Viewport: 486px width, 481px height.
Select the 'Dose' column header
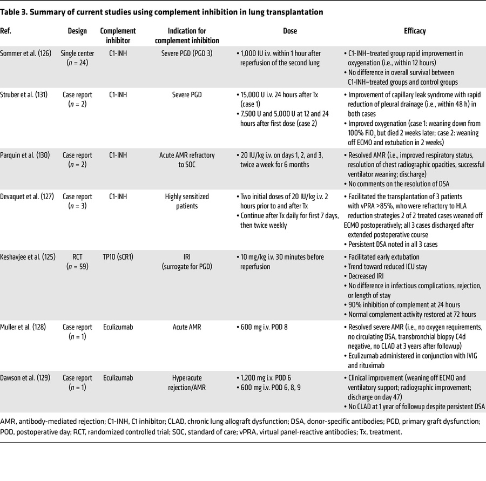(x=289, y=31)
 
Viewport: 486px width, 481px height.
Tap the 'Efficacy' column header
(x=414, y=31)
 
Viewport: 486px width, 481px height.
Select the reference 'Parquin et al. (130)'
(x=27, y=155)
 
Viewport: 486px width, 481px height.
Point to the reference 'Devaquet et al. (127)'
(x=29, y=197)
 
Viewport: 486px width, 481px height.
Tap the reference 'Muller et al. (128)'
(x=25, y=327)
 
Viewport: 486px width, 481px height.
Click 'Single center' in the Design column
(x=78, y=53)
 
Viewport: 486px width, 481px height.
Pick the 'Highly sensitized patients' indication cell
(x=187, y=202)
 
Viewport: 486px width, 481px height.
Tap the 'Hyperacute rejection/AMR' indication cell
(x=187, y=383)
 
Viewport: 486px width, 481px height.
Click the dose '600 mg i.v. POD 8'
(x=268, y=327)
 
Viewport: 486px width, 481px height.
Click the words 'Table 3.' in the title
(x=16, y=12)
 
